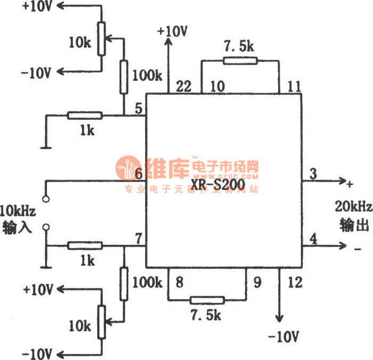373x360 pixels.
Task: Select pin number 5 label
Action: (138, 109)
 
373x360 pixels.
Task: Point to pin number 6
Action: (138, 174)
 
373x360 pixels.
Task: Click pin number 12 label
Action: (294, 282)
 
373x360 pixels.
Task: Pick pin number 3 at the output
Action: (313, 173)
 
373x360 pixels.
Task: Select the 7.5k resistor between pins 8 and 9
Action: (207, 300)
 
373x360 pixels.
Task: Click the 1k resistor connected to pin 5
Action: (85, 115)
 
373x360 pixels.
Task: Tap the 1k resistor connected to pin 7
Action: (85, 246)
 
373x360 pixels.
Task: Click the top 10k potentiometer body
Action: (101, 39)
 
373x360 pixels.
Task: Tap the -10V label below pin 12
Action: (284, 337)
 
